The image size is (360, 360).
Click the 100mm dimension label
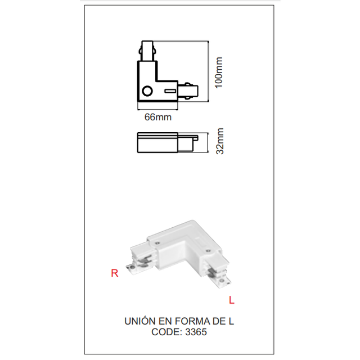click(x=219, y=72)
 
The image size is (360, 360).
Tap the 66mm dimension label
click(x=158, y=118)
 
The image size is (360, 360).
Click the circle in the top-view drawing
click(x=147, y=92)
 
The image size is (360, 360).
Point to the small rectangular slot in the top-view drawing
click(x=170, y=91)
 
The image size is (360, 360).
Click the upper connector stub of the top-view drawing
click(x=148, y=51)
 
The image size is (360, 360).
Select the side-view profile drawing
click(x=167, y=142)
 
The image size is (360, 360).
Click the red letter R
click(x=115, y=274)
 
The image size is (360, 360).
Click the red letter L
click(x=231, y=300)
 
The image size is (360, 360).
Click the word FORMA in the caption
click(x=193, y=321)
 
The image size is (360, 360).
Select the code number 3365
click(x=196, y=332)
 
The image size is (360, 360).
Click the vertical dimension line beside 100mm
click(x=209, y=72)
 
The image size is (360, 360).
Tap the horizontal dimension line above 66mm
click(x=158, y=107)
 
